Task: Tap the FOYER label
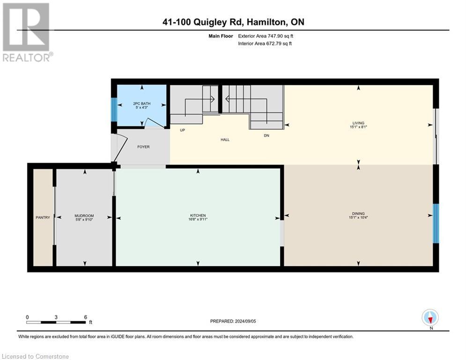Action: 143,147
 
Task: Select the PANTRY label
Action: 43,217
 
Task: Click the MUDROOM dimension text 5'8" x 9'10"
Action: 84,219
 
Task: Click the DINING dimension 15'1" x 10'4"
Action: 359,217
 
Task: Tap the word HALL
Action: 225,140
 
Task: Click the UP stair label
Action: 183,131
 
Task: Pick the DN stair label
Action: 266,135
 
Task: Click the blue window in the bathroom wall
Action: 113,109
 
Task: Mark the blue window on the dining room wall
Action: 436,224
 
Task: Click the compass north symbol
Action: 430,318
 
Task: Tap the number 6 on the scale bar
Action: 85,317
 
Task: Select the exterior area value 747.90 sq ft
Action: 279,36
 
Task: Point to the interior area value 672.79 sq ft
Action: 279,44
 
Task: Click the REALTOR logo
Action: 26,32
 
